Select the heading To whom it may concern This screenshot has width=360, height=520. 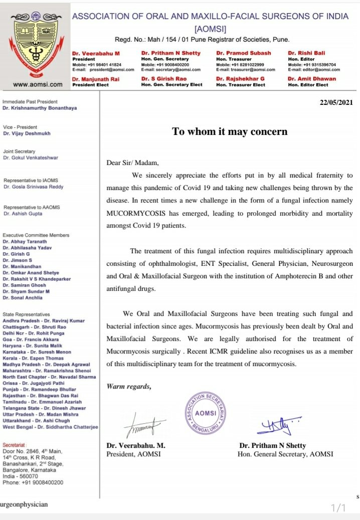point(230,131)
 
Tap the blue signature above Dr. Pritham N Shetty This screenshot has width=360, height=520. point(274,426)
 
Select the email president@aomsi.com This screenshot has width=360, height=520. point(113,70)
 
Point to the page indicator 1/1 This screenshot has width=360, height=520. point(338,508)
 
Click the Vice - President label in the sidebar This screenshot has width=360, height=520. point(20,127)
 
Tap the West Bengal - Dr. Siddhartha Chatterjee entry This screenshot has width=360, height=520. point(51,427)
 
